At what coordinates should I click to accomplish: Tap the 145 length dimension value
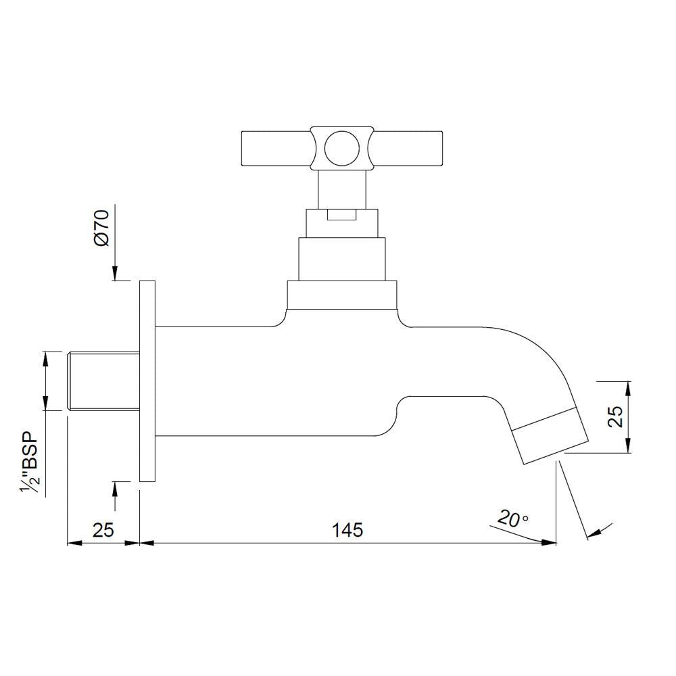tap(347, 530)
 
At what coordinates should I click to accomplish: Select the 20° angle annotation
tap(512, 520)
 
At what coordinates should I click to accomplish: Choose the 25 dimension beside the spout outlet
tap(615, 417)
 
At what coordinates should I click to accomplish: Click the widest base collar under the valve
tap(341, 295)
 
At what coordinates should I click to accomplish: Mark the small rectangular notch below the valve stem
tap(341, 215)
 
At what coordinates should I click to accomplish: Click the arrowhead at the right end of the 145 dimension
tap(550, 542)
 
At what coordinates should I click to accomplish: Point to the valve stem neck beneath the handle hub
tap(341, 188)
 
